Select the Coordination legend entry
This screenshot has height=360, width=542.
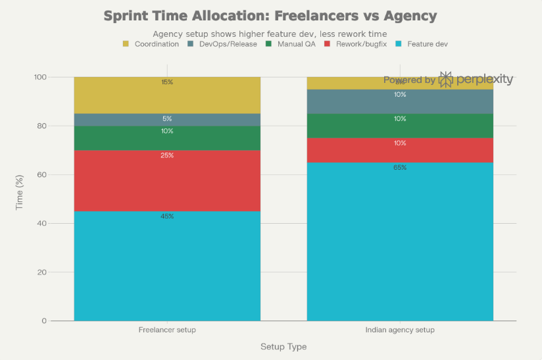(x=151, y=44)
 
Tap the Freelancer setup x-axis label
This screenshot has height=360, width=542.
(x=167, y=330)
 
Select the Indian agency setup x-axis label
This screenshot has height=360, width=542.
(x=400, y=330)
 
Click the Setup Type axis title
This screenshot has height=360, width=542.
(x=283, y=347)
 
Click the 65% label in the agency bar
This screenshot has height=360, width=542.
(x=400, y=168)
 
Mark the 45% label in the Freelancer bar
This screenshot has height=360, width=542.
(x=167, y=217)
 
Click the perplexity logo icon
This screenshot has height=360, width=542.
(x=446, y=80)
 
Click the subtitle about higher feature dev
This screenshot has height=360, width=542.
(x=270, y=34)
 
